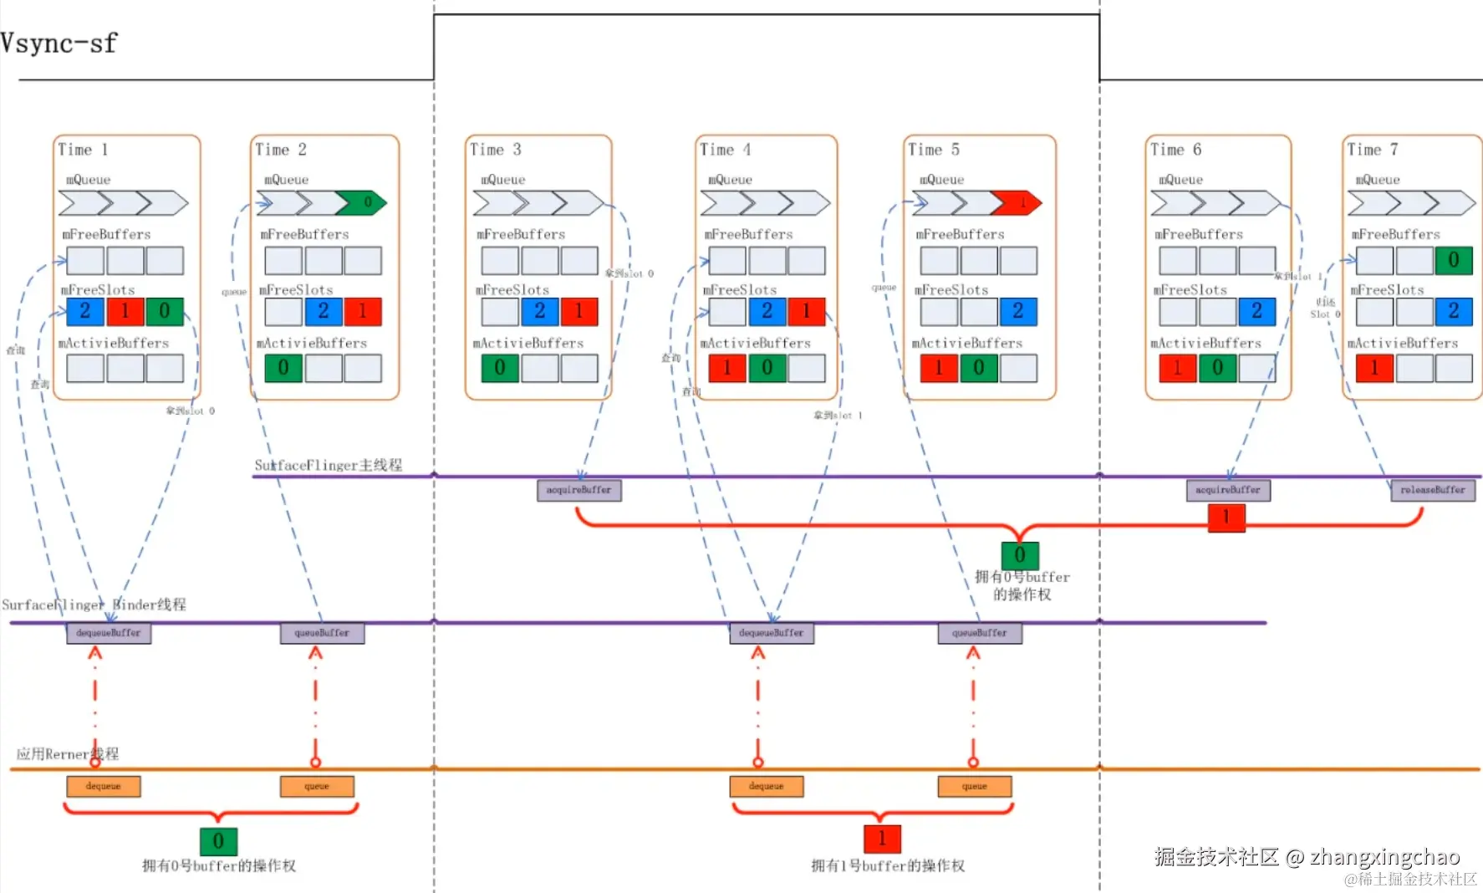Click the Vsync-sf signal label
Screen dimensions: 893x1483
pyautogui.click(x=59, y=43)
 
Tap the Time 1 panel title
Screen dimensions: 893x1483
pyautogui.click(x=83, y=150)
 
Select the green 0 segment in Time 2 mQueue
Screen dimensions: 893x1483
pyautogui.click(x=366, y=202)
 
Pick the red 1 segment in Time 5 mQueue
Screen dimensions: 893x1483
pyautogui.click(x=1020, y=202)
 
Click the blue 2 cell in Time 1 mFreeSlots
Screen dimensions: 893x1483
pyautogui.click(x=85, y=311)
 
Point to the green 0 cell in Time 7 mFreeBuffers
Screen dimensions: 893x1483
pyautogui.click(x=1454, y=261)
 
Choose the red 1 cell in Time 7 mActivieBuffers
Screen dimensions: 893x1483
pyautogui.click(x=1373, y=368)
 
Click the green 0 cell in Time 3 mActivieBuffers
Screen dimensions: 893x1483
pyautogui.click(x=499, y=368)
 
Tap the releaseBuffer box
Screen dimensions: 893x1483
pyautogui.click(x=1432, y=490)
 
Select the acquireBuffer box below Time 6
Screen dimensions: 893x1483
pyautogui.click(x=1227, y=490)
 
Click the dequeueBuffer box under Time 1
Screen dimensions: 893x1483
pyautogui.click(x=109, y=633)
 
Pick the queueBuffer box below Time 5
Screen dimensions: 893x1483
pyautogui.click(x=979, y=633)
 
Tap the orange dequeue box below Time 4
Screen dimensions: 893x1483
pyautogui.click(x=766, y=786)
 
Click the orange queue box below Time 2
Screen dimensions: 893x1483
pyautogui.click(x=317, y=786)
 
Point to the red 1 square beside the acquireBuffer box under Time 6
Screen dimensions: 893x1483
pyautogui.click(x=1226, y=517)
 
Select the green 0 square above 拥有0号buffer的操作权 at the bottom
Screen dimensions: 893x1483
pyautogui.click(x=218, y=840)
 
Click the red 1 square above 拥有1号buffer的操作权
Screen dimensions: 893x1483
pyautogui.click(x=882, y=839)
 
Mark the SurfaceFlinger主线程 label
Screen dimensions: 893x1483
pyautogui.click(x=328, y=465)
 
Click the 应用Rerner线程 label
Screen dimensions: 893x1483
pyautogui.click(x=68, y=753)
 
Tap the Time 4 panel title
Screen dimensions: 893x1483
pyautogui.click(x=725, y=150)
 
